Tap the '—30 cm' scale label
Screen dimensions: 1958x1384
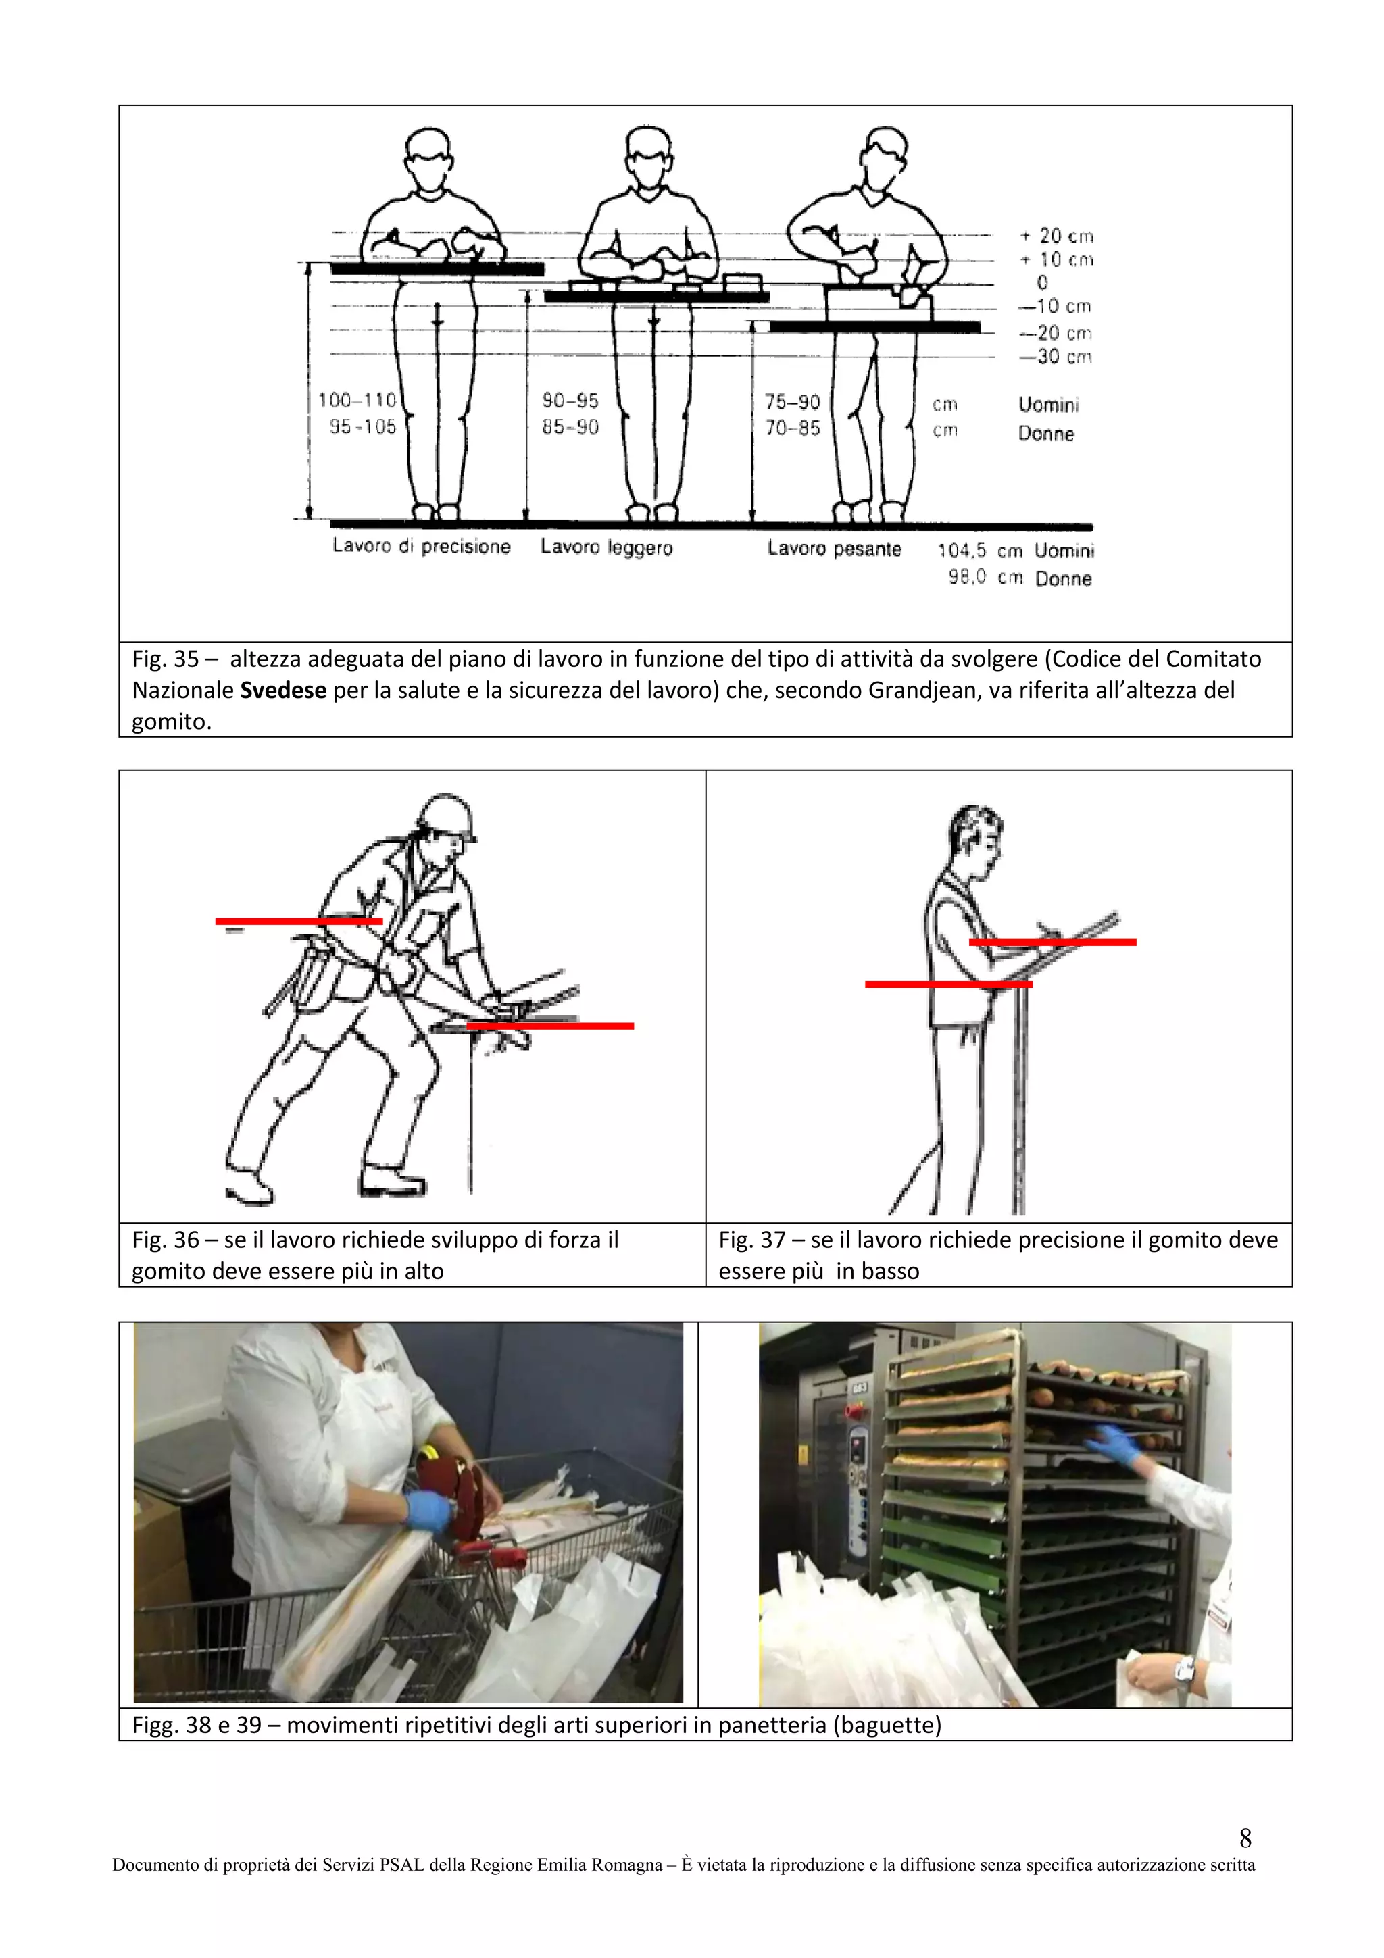click(1056, 357)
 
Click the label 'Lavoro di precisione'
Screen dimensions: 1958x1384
click(421, 547)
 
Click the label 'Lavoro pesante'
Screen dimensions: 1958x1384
click(834, 549)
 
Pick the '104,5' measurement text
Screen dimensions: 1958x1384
click(962, 551)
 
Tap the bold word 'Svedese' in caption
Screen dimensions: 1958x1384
click(283, 690)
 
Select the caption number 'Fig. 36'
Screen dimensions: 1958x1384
click(166, 1239)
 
